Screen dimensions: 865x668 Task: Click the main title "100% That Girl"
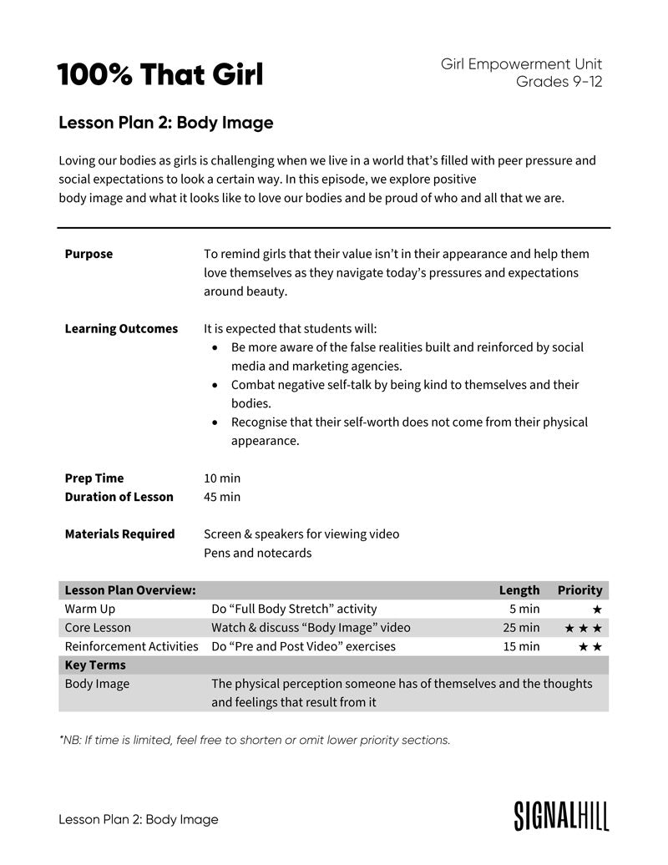coord(159,75)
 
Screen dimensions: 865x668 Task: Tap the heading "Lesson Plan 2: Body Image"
coord(165,123)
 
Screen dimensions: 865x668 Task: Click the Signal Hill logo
coord(561,816)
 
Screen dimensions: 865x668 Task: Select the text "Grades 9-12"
coord(559,82)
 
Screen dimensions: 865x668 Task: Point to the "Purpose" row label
coord(89,254)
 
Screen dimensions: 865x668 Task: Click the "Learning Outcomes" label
coord(121,328)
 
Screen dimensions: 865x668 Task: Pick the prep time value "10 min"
coord(222,478)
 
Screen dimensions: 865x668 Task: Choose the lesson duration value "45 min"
coord(222,497)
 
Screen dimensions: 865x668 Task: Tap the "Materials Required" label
coord(119,534)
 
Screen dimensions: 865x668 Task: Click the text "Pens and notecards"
coord(257,553)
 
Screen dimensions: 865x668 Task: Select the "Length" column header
coord(519,590)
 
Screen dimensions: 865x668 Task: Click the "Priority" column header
coord(579,590)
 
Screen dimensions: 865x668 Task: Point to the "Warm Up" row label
coord(90,609)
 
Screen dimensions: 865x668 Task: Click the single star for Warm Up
coord(596,610)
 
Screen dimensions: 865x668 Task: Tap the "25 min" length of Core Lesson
coord(524,627)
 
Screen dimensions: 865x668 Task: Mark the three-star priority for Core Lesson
coord(583,628)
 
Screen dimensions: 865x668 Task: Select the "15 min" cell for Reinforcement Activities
coord(524,646)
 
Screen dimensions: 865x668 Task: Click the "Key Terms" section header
coord(95,665)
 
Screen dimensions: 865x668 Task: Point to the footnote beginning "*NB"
coord(255,740)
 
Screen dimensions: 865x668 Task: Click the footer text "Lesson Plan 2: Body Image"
coord(138,819)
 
